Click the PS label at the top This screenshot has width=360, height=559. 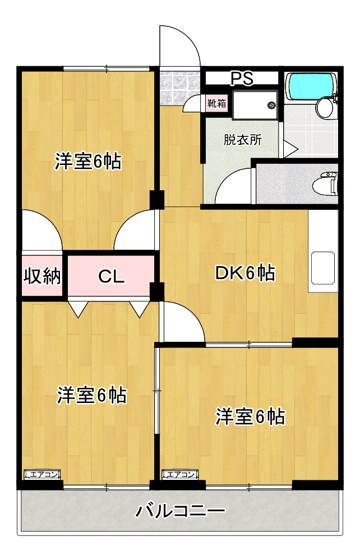click(241, 79)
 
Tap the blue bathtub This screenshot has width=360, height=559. click(312, 86)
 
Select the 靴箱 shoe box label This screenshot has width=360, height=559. click(216, 103)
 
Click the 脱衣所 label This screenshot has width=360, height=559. click(242, 140)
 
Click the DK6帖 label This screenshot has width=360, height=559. click(245, 273)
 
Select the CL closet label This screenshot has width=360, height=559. click(112, 276)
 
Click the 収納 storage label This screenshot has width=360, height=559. click(42, 276)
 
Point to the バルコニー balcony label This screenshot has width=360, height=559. click(181, 511)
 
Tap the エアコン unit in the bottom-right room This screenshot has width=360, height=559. click(180, 475)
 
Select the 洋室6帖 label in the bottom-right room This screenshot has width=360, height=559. click(251, 417)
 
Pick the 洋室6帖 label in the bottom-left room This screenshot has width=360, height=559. click(91, 395)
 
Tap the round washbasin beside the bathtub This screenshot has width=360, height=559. click(324, 107)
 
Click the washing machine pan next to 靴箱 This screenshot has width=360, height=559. click(256, 104)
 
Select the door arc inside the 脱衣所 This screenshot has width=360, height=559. click(233, 186)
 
